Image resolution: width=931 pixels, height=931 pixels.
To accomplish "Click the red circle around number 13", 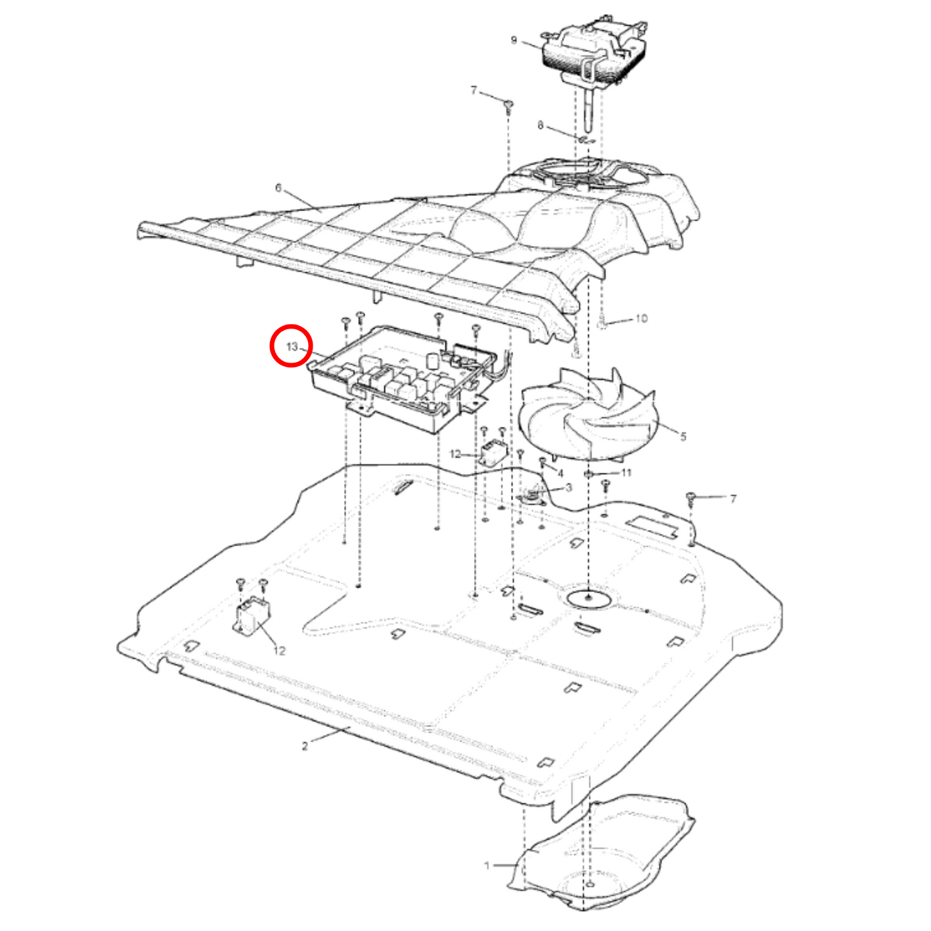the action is click(291, 345).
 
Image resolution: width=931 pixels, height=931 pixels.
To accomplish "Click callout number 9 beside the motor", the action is click(513, 40).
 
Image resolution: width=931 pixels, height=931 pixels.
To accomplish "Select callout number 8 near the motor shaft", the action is click(540, 126).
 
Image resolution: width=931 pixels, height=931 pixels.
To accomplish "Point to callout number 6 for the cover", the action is click(278, 187).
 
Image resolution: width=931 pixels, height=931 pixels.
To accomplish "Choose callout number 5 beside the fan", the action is click(683, 437).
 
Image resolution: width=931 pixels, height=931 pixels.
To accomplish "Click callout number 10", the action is click(640, 319).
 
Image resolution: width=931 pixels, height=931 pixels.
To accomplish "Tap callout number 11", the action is click(626, 472).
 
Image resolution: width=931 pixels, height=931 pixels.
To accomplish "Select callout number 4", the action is click(561, 474).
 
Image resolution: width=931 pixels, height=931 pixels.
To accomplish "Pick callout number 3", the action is click(568, 488).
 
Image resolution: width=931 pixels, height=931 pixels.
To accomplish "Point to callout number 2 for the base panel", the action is click(304, 747).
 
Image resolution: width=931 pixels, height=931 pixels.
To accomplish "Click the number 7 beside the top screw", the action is click(474, 90).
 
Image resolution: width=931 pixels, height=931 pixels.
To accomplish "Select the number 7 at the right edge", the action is click(733, 499).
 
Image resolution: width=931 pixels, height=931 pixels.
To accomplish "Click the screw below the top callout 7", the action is click(508, 106).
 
